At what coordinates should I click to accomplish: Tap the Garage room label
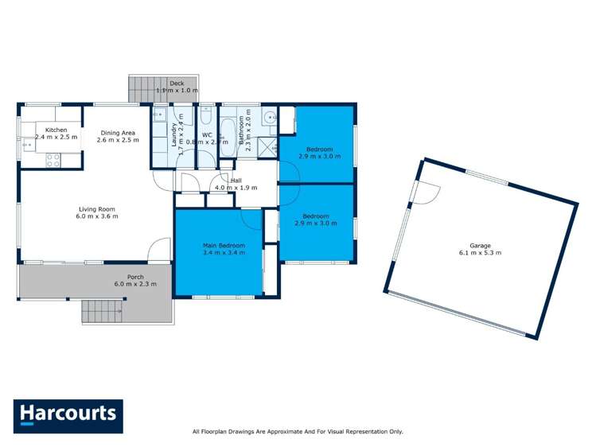click(x=479, y=245)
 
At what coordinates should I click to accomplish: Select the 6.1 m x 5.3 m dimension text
click(x=479, y=253)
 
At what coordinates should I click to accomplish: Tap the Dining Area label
click(x=118, y=132)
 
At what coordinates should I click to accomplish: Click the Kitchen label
click(x=56, y=130)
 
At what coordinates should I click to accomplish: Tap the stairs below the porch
click(x=103, y=311)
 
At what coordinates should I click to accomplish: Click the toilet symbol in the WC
click(x=206, y=119)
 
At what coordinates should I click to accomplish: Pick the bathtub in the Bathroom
click(x=228, y=135)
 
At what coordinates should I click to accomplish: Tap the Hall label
click(x=236, y=181)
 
